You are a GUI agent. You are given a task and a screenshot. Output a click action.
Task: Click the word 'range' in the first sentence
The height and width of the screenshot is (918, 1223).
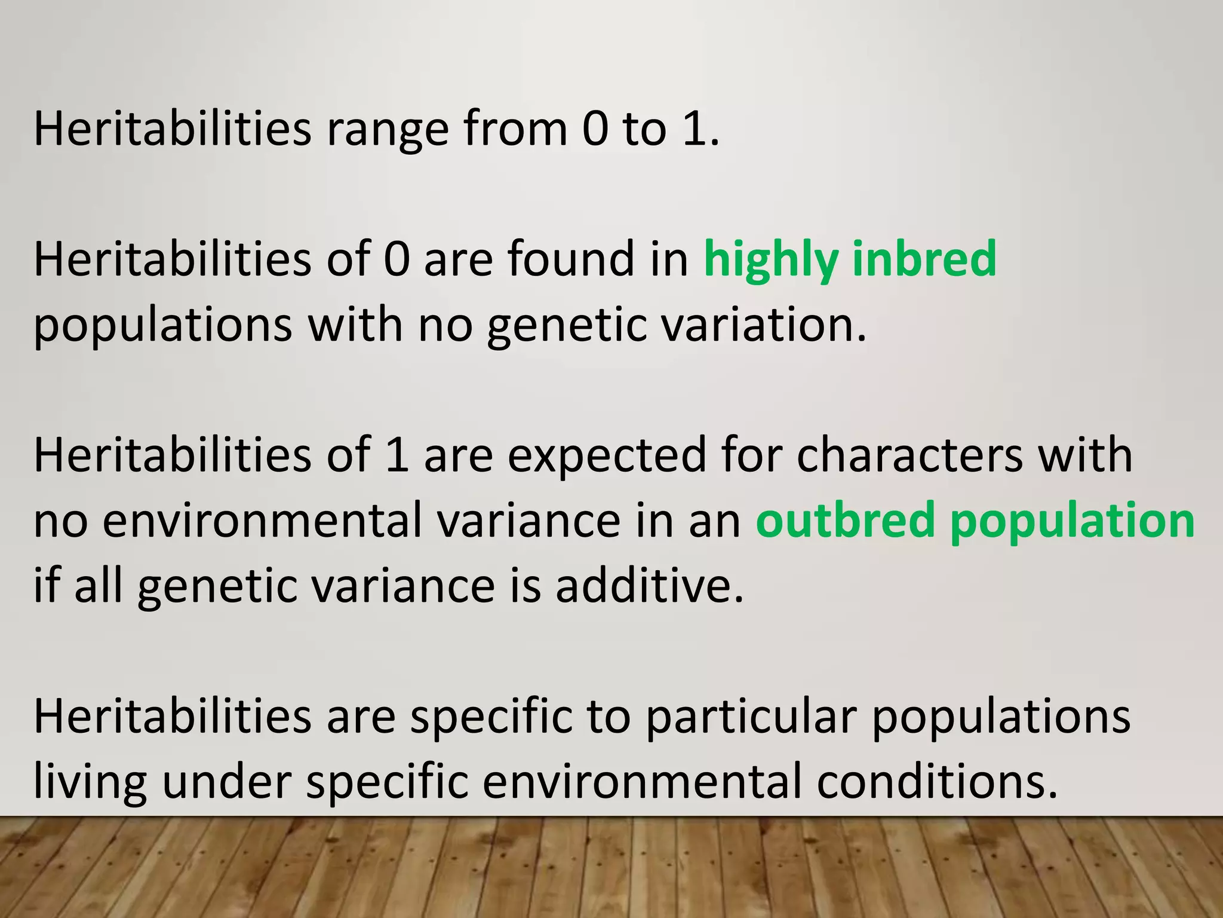pos(387,129)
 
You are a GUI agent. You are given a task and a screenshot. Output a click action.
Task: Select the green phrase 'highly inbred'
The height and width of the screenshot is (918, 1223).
pos(850,259)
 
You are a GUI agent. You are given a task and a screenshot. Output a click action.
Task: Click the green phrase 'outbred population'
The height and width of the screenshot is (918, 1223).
pos(975,521)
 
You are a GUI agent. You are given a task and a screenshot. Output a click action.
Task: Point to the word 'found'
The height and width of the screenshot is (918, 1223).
pos(571,259)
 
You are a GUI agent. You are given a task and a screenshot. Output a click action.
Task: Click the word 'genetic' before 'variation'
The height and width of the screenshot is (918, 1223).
pos(567,325)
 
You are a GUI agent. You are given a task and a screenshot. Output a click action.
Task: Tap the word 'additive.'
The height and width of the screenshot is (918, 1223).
pos(650,586)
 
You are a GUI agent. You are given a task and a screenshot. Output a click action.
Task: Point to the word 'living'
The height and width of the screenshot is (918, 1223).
pos(90,782)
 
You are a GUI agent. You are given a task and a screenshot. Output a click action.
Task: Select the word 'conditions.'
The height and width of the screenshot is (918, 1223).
pos(937,782)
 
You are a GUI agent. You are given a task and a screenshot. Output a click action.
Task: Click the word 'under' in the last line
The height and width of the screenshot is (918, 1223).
pos(227,782)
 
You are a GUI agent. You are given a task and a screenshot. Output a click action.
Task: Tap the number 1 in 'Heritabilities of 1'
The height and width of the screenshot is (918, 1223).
pos(397,455)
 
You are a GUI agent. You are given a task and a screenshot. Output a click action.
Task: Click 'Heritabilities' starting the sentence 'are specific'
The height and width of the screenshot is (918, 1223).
pos(172,717)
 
